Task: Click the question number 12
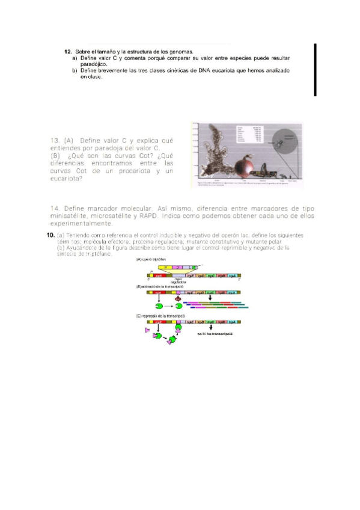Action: tap(68, 52)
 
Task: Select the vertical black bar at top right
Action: tap(315, 70)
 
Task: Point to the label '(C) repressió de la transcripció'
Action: tap(160, 316)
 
